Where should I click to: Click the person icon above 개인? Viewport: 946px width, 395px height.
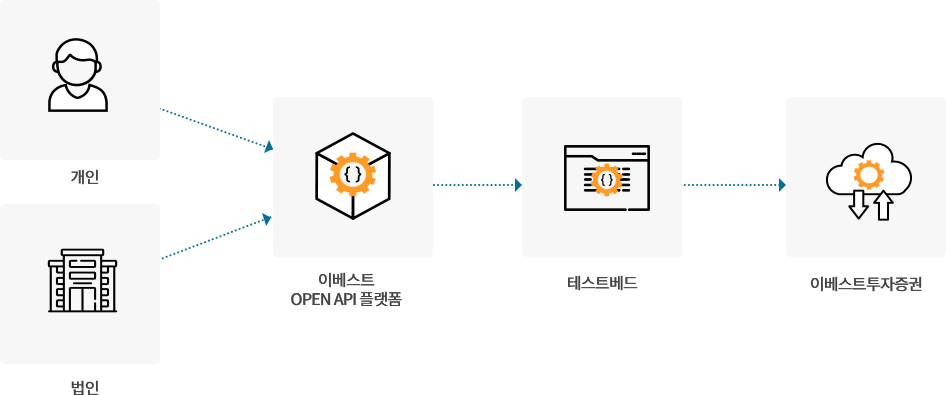point(78,75)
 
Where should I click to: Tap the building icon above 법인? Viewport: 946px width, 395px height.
point(82,281)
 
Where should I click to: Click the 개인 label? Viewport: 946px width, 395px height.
point(84,177)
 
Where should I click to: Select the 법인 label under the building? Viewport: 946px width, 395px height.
point(84,386)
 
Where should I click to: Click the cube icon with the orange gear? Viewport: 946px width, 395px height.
point(352,176)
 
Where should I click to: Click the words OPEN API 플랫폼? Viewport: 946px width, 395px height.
point(346,299)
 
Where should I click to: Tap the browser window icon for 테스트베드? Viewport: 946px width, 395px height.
point(606,178)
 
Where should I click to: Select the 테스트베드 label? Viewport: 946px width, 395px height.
point(601,283)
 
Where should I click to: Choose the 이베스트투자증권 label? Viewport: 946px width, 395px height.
point(866,283)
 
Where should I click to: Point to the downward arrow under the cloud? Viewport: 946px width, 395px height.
point(857,204)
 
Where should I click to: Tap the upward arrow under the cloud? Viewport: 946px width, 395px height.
point(883,205)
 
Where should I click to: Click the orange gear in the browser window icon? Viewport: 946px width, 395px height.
point(606,180)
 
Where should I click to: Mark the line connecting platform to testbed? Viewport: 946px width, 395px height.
point(474,184)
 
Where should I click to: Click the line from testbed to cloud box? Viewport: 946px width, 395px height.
point(730,184)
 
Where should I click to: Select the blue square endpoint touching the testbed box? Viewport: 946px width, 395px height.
point(517,184)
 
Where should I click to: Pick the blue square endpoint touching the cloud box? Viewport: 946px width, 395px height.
point(781,184)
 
